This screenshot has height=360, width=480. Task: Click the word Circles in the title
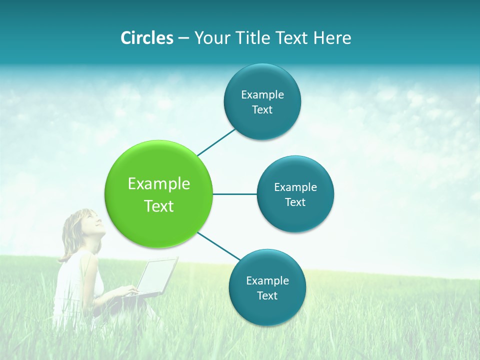(x=146, y=38)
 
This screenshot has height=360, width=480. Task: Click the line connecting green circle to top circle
(x=217, y=141)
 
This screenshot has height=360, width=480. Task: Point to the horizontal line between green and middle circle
(x=235, y=194)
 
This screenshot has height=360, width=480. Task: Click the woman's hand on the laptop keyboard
(x=131, y=290)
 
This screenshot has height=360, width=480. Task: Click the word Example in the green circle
(x=159, y=183)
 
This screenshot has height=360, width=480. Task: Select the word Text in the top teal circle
(x=262, y=109)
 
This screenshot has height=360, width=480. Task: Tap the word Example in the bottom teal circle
(x=267, y=280)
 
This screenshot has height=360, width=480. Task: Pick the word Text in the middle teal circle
(x=295, y=202)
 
